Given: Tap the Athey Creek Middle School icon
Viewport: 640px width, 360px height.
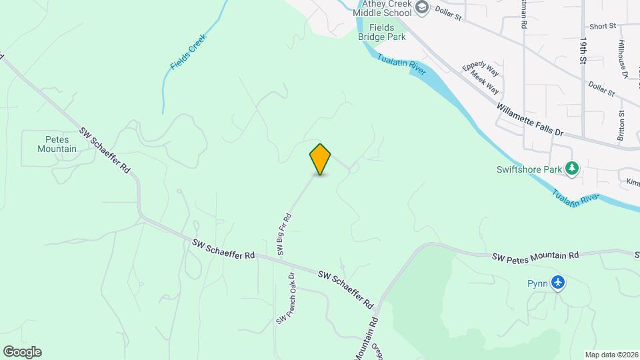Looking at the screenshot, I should [421, 8].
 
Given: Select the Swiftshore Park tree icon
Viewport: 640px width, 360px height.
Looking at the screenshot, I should [571, 169].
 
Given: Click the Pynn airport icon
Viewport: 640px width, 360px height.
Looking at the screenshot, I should [558, 283].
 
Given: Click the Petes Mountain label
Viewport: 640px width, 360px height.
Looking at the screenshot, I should [57, 144].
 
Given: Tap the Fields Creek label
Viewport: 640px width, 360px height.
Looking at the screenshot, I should [189, 52].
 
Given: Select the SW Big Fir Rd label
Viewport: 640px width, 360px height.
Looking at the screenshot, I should [285, 235].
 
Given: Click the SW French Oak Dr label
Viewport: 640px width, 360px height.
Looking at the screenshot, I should [286, 299].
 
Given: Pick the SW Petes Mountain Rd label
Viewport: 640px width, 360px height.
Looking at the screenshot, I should [535, 255].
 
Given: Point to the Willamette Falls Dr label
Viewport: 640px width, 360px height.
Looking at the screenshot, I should [530, 119].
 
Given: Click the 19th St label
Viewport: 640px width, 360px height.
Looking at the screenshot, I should [583, 50].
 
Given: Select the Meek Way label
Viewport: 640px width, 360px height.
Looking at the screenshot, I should [485, 83].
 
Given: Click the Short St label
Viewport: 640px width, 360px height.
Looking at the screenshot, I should [603, 27].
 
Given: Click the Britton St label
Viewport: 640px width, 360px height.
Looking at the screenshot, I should [621, 124].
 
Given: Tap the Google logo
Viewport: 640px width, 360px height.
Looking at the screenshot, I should [22, 352].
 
